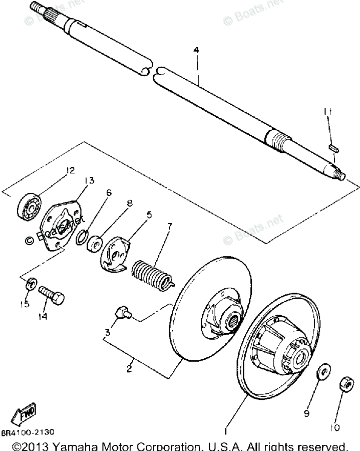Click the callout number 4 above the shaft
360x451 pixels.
tap(196, 50)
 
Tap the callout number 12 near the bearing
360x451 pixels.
tap(70, 171)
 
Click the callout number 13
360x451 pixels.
tap(90, 180)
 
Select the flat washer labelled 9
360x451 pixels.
tap(322, 372)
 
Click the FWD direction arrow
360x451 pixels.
tap(25, 414)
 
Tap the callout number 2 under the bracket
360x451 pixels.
tap(129, 369)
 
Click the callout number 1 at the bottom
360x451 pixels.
tap(226, 430)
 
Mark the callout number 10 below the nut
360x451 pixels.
tap(335, 427)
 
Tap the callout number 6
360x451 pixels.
tap(109, 192)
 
